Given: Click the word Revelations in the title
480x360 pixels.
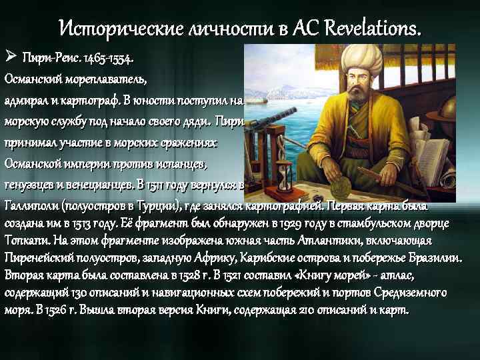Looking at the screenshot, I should pyautogui.click(x=373, y=28).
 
